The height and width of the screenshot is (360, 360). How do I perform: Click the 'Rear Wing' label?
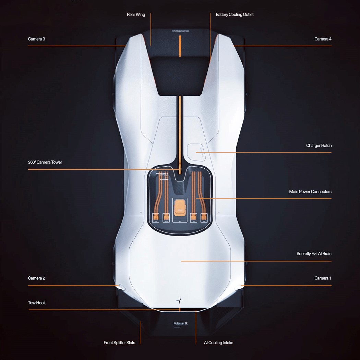point(136,15)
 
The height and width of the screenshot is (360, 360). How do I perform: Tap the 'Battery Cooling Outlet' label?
point(235,15)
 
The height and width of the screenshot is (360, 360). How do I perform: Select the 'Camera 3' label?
point(36,39)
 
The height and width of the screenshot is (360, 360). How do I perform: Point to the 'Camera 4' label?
point(323,39)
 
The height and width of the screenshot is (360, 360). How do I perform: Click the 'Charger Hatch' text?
point(319,146)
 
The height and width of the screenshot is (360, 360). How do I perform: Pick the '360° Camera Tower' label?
point(45,162)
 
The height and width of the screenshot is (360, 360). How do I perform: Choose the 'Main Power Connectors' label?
point(310,192)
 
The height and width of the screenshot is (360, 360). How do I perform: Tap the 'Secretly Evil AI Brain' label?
point(314,254)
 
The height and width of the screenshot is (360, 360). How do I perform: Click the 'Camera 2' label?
point(36,278)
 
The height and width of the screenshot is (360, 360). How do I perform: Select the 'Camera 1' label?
point(323,278)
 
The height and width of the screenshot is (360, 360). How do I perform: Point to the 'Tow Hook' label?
point(37,303)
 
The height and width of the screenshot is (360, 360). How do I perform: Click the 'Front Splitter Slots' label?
point(119,343)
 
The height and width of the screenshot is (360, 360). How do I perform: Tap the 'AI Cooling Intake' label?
point(218,343)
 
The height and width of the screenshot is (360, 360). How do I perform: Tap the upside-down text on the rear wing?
point(180,31)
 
